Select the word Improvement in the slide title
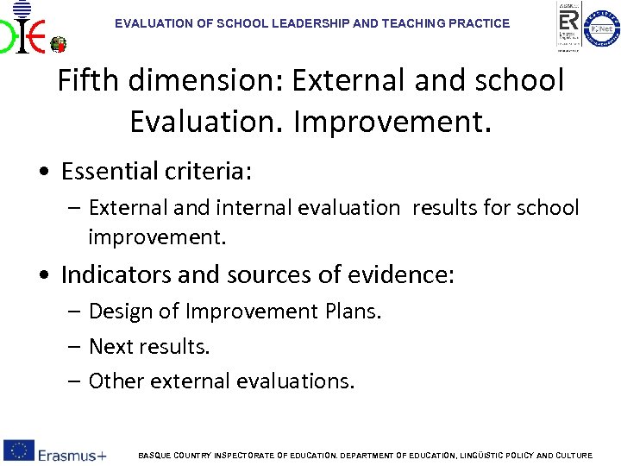tap(392, 122)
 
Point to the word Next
tap(110, 346)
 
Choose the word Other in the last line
tap(115, 381)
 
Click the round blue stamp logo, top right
tap(601, 28)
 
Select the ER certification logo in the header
tap(568, 26)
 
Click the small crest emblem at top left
tap(59, 44)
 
